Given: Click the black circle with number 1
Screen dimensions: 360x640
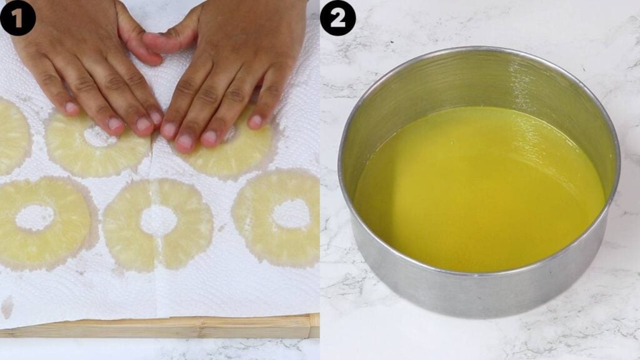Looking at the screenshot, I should (x=17, y=17).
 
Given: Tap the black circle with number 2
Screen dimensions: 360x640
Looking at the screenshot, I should (x=337, y=17).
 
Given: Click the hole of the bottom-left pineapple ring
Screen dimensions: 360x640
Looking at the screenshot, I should (x=34, y=217).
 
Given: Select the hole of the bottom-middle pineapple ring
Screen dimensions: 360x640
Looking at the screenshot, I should (x=158, y=220).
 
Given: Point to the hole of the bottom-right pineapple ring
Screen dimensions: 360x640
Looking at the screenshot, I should (x=291, y=214).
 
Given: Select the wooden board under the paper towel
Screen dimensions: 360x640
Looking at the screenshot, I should (x=156, y=326).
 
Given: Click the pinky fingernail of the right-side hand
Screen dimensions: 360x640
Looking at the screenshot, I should (x=255, y=121).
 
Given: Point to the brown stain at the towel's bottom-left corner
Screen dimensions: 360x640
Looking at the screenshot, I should (x=7, y=306).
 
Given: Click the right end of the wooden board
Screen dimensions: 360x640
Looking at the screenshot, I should (x=312, y=325).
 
